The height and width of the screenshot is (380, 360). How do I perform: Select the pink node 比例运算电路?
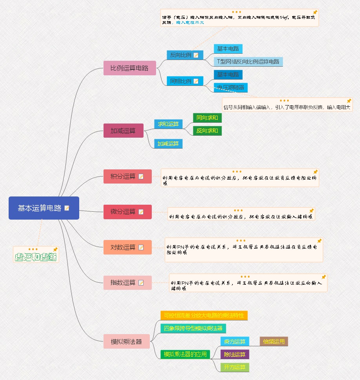tap(129, 68)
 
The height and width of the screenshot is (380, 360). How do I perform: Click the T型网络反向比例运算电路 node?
tap(248, 62)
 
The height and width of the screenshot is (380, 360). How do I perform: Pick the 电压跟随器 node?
tap(231, 87)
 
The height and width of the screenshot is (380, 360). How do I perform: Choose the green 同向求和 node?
tap(207, 118)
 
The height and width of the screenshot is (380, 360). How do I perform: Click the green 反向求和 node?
tap(207, 131)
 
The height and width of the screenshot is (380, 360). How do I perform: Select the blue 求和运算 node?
tap(168, 124)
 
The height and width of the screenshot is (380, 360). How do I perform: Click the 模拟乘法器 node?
tap(127, 341)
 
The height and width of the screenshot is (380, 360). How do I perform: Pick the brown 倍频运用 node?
tap(274, 342)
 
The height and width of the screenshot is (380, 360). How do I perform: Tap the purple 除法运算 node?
tap(235, 355)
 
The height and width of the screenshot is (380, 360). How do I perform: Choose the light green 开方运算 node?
tap(235, 367)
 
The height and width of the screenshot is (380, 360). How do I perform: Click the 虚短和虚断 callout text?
tap(36, 257)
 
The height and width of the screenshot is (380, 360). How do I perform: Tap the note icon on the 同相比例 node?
tap(196, 81)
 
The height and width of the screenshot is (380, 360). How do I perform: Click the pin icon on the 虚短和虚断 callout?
tap(55, 249)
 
